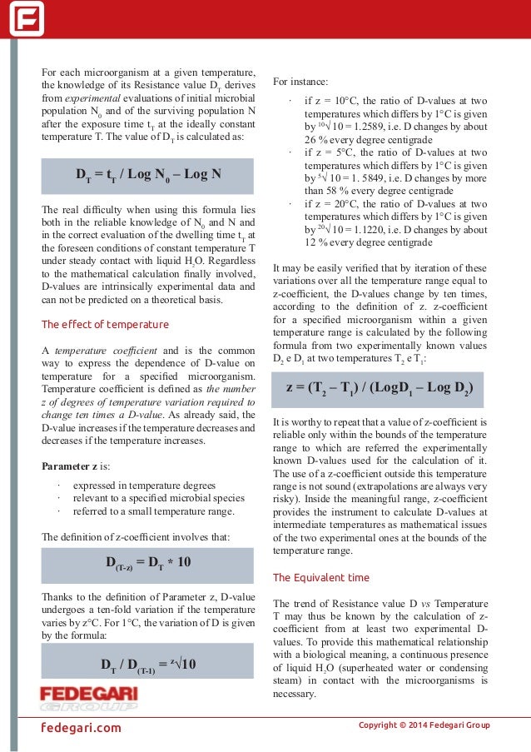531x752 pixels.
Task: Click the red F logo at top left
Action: (27, 18)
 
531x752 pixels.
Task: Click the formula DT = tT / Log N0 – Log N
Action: (148, 175)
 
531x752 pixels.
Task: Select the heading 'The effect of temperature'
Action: (105, 324)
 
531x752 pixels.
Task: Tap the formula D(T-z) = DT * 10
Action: (148, 562)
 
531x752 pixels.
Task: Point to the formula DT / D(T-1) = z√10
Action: (148, 663)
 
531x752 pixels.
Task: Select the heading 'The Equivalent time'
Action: (321, 577)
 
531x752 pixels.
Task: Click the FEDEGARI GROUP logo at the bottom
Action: (89, 698)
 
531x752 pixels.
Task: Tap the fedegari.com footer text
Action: (82, 727)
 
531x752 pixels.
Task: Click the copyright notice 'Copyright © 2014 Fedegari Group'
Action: (424, 725)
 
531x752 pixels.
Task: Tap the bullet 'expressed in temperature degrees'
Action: (144, 486)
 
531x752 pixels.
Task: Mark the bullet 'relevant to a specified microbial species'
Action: (159, 499)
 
